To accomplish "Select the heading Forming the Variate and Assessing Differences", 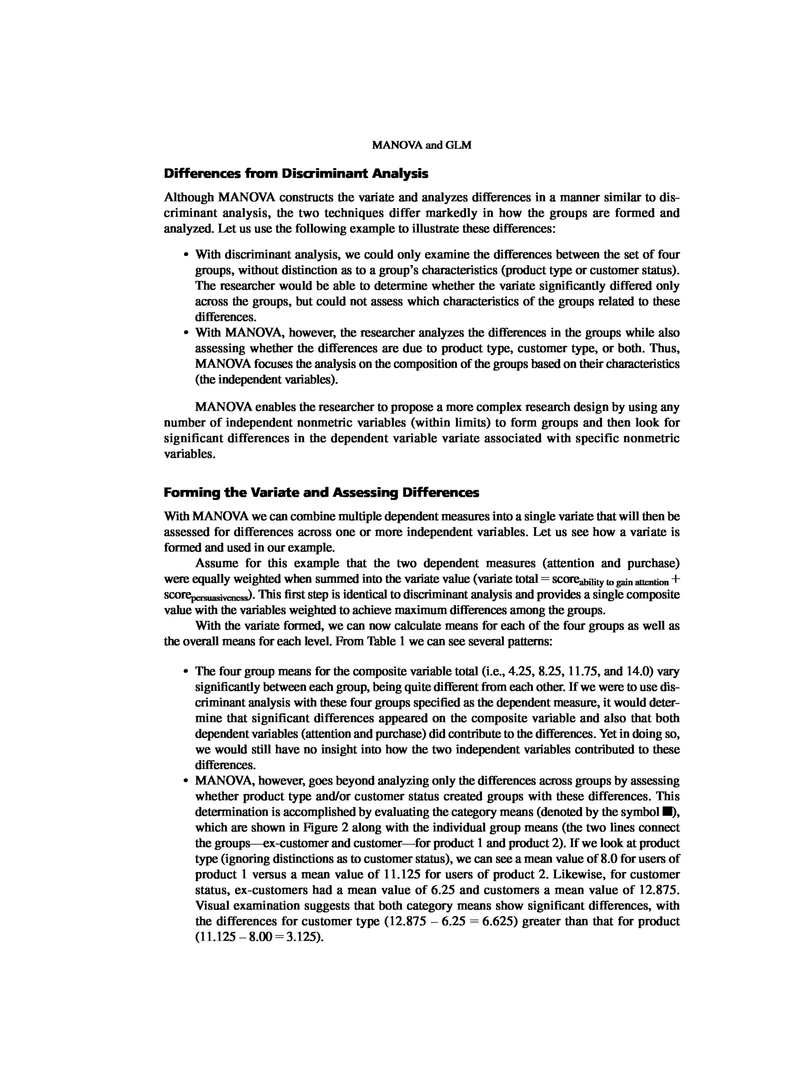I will (321, 493).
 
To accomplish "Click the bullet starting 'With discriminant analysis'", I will (185, 255).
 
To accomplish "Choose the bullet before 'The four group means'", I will (185, 672).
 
